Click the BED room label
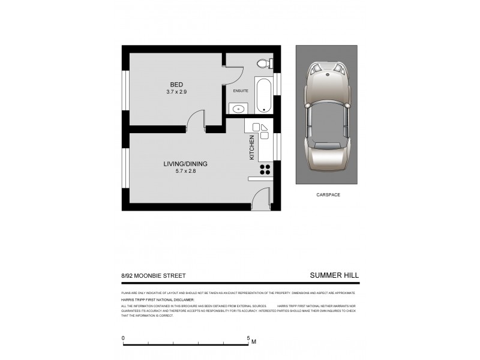click(176, 84)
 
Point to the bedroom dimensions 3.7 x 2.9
click(176, 92)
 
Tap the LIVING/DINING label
click(185, 163)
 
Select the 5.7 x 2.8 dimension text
click(185, 171)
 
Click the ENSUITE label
click(241, 91)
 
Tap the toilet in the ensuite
click(263, 64)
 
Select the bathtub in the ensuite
click(264, 94)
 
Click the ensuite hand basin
click(238, 109)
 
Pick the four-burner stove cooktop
click(264, 169)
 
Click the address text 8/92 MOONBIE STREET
click(153, 275)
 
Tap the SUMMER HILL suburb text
click(334, 275)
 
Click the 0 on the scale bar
click(124, 338)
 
